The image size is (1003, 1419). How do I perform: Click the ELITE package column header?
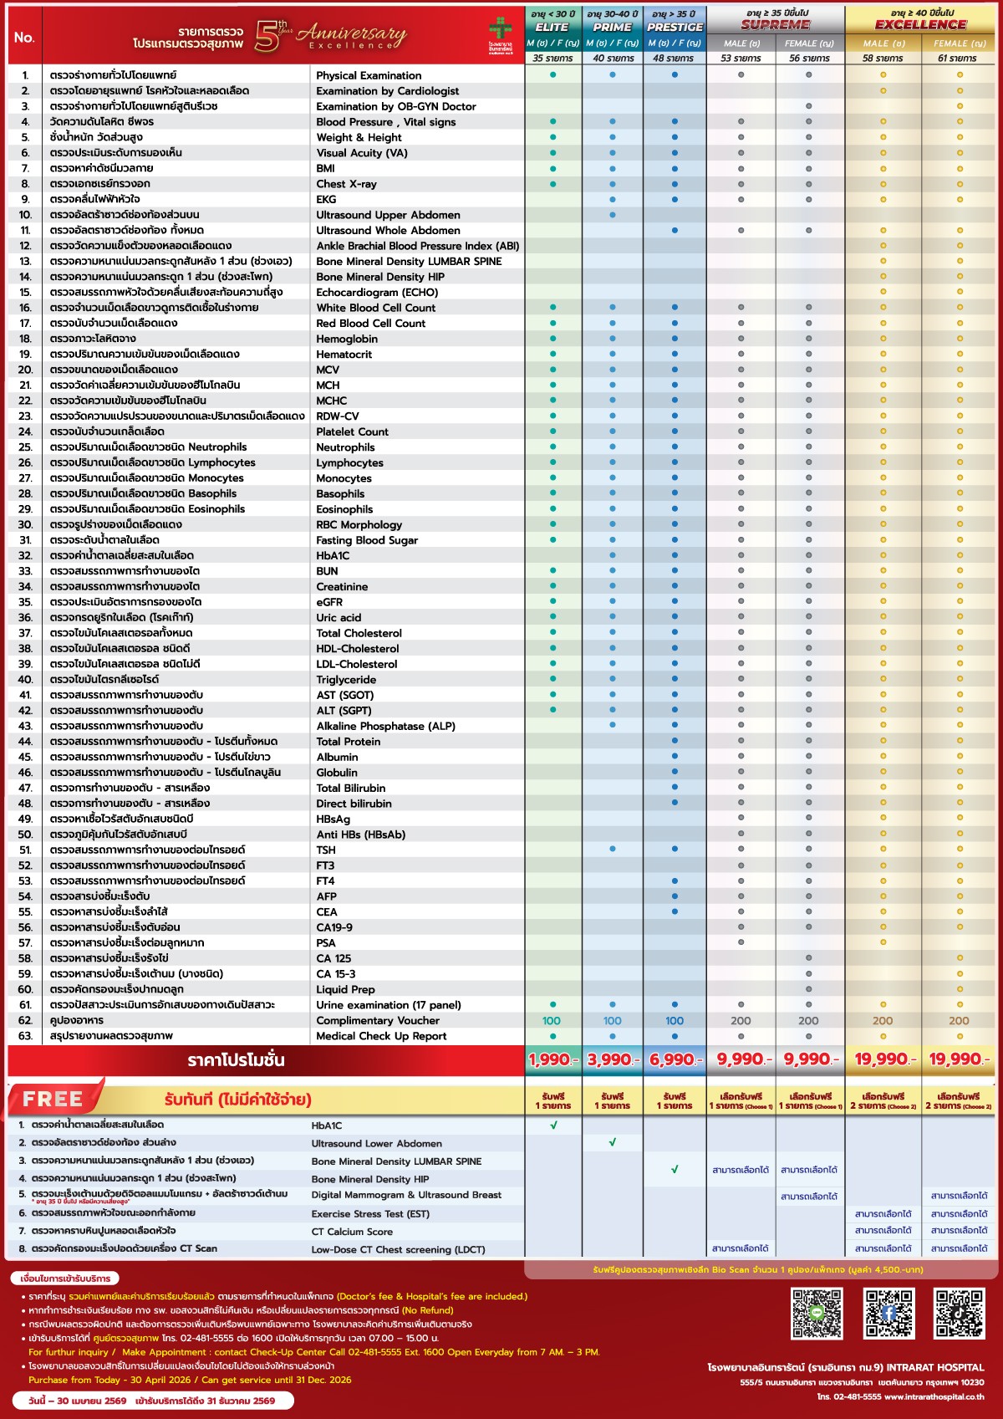click(552, 28)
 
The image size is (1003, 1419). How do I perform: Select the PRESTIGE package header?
click(675, 28)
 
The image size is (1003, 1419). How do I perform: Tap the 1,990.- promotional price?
click(552, 1059)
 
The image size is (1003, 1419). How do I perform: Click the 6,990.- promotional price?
click(675, 1059)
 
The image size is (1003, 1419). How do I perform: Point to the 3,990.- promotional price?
click(613, 1059)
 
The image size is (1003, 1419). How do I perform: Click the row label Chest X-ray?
click(346, 184)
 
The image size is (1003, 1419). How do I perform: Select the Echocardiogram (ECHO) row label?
click(377, 293)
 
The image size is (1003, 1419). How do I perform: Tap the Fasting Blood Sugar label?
click(367, 540)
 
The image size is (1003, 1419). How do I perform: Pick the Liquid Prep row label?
click(345, 989)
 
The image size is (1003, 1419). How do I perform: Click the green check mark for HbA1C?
click(553, 1125)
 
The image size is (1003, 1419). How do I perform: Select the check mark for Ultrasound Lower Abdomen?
click(613, 1142)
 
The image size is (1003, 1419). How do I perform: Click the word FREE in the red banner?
click(53, 1099)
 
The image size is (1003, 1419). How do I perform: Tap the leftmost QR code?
click(817, 1313)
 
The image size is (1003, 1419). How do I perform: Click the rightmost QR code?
click(959, 1313)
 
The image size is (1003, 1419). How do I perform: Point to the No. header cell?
click(24, 38)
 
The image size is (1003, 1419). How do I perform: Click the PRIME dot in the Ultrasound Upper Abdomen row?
click(613, 215)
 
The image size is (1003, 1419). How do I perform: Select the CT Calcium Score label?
click(352, 1232)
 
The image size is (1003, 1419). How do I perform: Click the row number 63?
click(25, 1036)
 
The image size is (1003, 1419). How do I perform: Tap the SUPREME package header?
click(775, 25)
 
